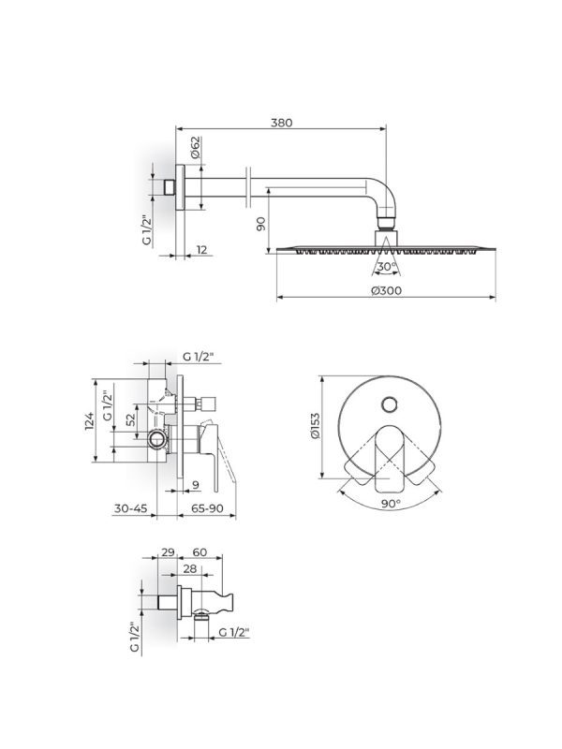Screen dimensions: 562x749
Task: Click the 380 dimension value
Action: (282, 123)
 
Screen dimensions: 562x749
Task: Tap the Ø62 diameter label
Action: (196, 147)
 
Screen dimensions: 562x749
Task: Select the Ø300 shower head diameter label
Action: (386, 290)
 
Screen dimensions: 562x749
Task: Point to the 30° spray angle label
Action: (386, 267)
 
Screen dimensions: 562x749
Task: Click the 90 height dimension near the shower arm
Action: (261, 224)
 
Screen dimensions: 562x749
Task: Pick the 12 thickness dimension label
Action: (201, 250)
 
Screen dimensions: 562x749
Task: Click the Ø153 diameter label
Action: (315, 426)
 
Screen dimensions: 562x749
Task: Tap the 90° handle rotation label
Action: (391, 503)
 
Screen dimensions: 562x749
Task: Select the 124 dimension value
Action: (90, 421)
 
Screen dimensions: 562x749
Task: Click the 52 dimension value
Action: (131, 419)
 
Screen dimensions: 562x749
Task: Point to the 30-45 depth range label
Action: (130, 508)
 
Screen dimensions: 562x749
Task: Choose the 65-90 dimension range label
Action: (207, 508)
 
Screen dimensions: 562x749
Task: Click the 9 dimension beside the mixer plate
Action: (195, 485)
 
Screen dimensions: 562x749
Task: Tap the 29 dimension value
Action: (168, 552)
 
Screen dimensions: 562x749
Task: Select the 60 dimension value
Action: (200, 552)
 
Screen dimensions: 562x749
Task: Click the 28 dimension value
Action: (190, 568)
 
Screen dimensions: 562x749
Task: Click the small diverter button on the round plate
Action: (390, 404)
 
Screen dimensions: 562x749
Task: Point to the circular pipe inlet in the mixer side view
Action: (156, 438)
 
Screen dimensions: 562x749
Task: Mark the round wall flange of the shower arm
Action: (180, 187)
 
